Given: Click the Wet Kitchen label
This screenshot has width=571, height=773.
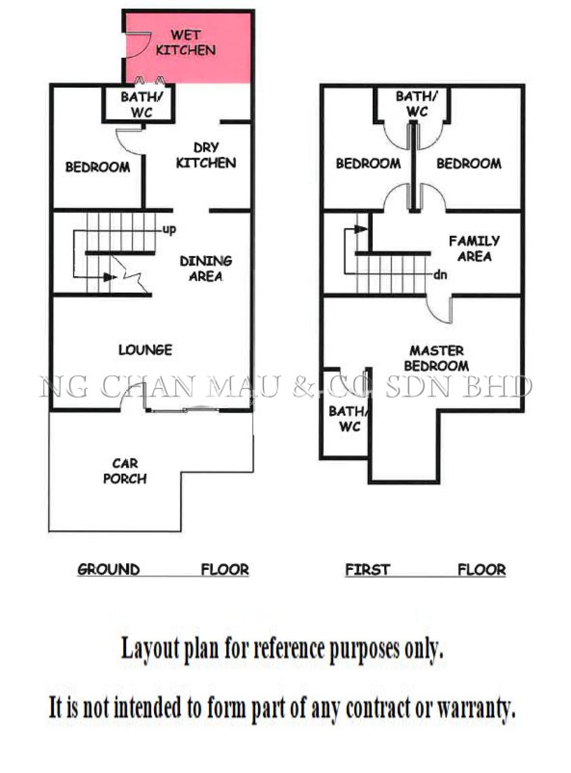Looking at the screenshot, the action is tap(186, 43).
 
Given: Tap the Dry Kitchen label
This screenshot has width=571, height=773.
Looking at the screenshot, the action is tap(206, 155).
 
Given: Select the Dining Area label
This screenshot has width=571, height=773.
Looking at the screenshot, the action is tap(206, 269).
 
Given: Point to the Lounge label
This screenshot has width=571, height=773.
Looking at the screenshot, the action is tap(145, 350).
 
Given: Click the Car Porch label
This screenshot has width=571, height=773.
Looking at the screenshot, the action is tap(125, 471).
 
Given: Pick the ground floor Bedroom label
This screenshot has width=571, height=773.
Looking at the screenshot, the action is tap(98, 167).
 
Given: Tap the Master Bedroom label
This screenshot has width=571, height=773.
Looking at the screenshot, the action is tap(437, 358).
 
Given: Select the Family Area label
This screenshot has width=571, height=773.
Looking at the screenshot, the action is tap(474, 249).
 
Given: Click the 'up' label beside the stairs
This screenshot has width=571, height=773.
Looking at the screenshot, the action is tap(169, 229).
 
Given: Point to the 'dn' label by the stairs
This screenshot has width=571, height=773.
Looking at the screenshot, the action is tap(440, 274).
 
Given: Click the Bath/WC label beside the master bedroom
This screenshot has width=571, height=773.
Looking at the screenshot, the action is tap(349, 419).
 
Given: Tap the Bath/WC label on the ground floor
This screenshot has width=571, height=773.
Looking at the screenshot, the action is tap(142, 105).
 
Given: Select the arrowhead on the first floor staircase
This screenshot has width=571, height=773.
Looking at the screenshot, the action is tap(361, 229).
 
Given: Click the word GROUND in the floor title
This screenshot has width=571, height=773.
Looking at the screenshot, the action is tap(109, 569).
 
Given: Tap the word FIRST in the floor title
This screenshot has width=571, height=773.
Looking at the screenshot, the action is tap(367, 570).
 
